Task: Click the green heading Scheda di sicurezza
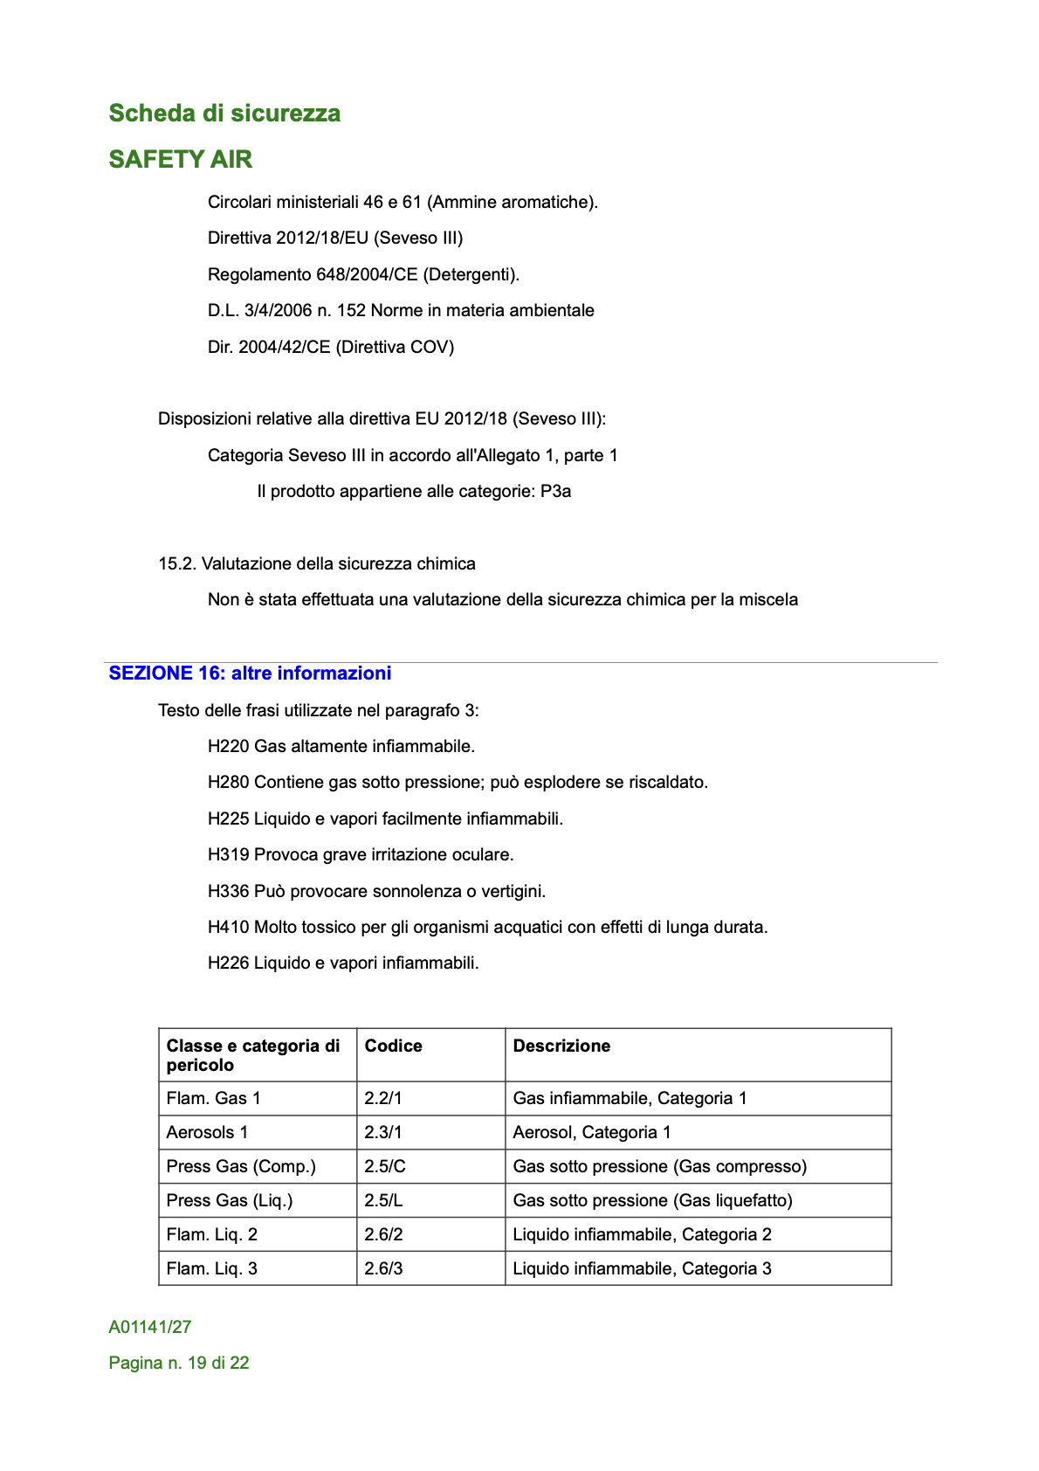(224, 114)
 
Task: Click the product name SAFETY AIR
(181, 159)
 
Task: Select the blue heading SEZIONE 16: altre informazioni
(250, 673)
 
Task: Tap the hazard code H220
(229, 747)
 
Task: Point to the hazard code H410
(229, 928)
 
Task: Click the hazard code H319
(229, 855)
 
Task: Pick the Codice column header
(393, 1046)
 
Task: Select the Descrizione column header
(561, 1046)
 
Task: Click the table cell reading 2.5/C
(385, 1167)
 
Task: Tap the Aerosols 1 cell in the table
(207, 1133)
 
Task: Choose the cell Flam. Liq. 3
(212, 1269)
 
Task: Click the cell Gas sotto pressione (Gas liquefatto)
(652, 1201)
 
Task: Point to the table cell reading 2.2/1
(383, 1099)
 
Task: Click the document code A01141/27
(150, 1328)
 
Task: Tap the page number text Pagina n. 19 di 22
(179, 1364)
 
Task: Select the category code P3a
(555, 492)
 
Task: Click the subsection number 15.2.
(177, 564)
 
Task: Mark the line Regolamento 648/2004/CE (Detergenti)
(363, 275)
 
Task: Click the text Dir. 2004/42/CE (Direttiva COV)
(331, 348)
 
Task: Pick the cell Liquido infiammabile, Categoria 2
(642, 1235)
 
